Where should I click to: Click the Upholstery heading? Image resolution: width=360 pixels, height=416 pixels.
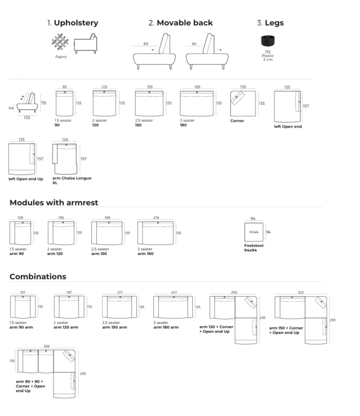(x=72, y=23)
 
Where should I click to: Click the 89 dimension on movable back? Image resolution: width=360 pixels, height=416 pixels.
(x=145, y=44)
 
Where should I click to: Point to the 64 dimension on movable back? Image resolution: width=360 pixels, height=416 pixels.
(x=194, y=44)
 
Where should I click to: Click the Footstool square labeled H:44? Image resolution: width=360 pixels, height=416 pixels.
(x=254, y=232)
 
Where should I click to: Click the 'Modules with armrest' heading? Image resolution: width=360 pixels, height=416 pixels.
(x=54, y=202)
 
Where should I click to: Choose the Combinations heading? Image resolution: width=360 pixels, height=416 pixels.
(x=38, y=277)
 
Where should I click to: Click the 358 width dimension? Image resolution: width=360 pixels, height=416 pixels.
(x=47, y=346)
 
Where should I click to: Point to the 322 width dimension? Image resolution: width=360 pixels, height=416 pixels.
(x=300, y=292)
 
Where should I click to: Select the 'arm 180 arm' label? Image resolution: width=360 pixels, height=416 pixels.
(x=166, y=327)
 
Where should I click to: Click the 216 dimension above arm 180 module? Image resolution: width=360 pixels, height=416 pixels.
(x=156, y=218)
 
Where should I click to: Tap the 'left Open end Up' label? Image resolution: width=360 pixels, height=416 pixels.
(x=26, y=179)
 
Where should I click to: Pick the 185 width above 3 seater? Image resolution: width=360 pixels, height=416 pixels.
(x=197, y=87)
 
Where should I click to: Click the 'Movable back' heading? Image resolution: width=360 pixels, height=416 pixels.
(x=180, y=23)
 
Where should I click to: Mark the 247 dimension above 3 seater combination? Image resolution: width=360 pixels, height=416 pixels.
(x=174, y=292)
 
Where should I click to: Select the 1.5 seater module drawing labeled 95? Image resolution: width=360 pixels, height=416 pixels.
(x=64, y=103)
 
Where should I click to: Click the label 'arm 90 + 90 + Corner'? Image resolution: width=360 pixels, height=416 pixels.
(x=30, y=384)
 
